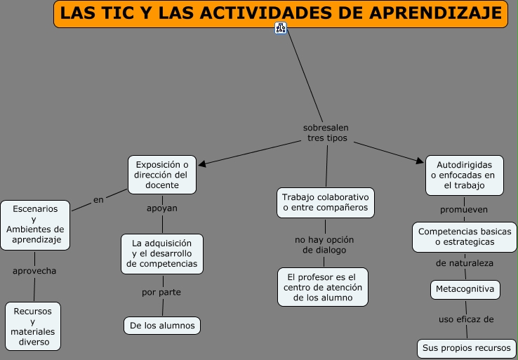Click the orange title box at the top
280,14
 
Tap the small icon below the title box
281,28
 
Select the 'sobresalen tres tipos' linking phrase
326,133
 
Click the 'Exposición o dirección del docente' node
162,175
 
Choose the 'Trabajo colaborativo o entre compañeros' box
325,202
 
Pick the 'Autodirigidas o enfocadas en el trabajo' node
464,175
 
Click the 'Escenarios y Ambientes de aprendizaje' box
35,224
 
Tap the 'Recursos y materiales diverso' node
33,326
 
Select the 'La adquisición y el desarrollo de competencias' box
162,253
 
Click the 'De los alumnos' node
162,325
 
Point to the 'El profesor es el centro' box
323,286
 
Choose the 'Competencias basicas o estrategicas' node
465,236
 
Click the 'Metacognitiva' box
465,288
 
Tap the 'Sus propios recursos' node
465,347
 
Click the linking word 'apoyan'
162,208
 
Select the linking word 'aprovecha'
34,270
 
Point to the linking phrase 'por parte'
161,292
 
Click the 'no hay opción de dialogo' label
324,245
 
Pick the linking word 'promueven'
464,209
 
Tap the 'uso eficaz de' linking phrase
466,319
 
